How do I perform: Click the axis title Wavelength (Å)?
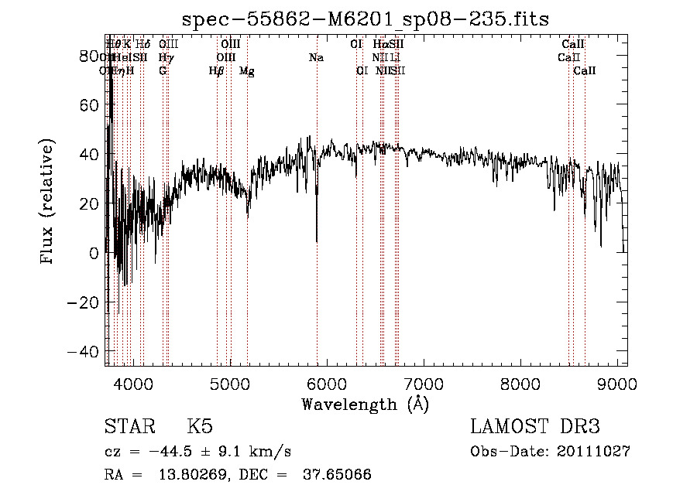[x=365, y=404]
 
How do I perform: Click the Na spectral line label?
[x=316, y=58]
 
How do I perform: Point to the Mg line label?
[x=246, y=71]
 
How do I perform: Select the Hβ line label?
[x=216, y=71]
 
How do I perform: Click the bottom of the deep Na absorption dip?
[x=317, y=241]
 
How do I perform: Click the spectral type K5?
[x=200, y=427]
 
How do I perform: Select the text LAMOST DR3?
[x=535, y=427]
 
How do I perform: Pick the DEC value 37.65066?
[x=337, y=475]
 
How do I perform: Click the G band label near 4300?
[x=163, y=71]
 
